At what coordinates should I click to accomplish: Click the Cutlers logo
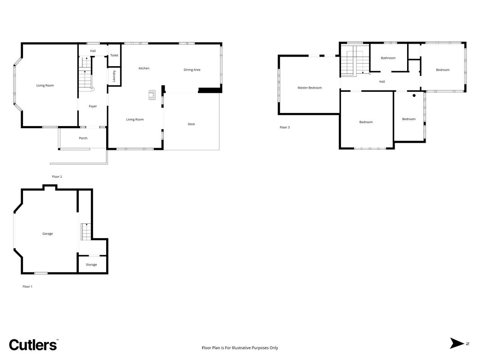coord(33,345)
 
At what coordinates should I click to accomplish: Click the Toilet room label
coord(114,55)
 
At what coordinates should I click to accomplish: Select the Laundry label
coord(114,76)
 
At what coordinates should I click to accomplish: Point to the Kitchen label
coord(144,68)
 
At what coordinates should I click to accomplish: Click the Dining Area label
coord(192,70)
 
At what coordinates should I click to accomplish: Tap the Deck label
coord(191,124)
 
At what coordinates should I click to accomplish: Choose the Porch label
coord(83,138)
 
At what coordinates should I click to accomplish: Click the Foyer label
coord(93,106)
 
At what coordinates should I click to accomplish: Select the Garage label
coord(47,234)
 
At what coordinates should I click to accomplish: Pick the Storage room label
coord(91,265)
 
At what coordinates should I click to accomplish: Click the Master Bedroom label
coord(310,88)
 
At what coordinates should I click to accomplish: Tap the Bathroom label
coord(388,58)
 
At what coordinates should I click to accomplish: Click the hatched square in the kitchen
coord(152,95)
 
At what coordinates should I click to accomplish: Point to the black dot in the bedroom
coord(414,95)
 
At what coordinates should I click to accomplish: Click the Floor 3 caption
coord(285,127)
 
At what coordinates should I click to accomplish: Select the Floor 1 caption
coord(27,287)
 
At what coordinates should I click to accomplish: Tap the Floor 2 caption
coord(57,177)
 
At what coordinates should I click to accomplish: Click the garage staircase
coord(86,232)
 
